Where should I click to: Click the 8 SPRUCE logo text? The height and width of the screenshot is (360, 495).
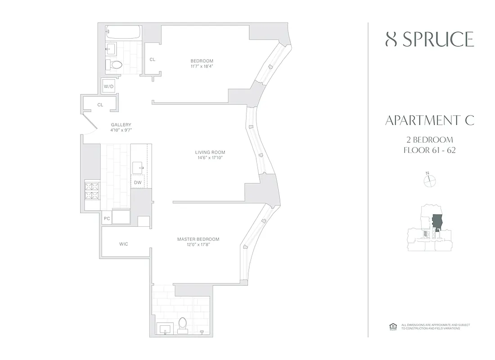pyautogui.click(x=430, y=40)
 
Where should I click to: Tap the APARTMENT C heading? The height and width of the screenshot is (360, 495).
pyautogui.click(x=430, y=121)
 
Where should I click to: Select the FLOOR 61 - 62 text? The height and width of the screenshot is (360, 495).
pyautogui.click(x=430, y=150)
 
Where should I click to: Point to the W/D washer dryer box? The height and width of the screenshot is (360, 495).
pyautogui.click(x=109, y=86)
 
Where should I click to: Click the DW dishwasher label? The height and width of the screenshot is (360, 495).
pyautogui.click(x=137, y=182)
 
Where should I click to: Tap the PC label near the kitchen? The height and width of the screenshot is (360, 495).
pyautogui.click(x=107, y=218)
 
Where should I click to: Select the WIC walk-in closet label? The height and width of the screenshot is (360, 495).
pyautogui.click(x=124, y=244)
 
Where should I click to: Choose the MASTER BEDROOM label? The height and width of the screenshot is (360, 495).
pyautogui.click(x=198, y=239)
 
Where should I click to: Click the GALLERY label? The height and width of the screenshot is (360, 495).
pyautogui.click(x=121, y=125)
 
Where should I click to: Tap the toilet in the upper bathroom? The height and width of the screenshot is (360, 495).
pyautogui.click(x=116, y=65)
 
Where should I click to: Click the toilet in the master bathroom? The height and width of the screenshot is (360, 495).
pyautogui.click(x=183, y=324)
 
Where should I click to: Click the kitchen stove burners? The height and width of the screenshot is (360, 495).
pyautogui.click(x=91, y=191)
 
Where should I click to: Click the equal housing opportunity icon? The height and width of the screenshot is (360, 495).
pyautogui.click(x=391, y=327)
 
